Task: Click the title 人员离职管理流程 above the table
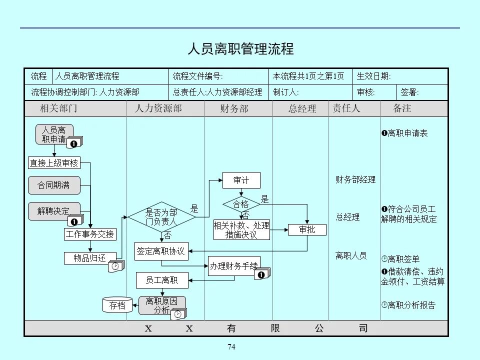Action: click(240, 49)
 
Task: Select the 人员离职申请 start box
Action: click(54, 134)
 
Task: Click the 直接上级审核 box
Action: click(53, 162)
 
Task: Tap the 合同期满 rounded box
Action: click(54, 185)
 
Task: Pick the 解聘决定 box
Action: click(54, 210)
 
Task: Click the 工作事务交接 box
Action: click(90, 234)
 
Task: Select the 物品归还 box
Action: click(90, 258)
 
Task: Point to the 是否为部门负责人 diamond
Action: click(161, 216)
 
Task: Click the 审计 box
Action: click(241, 180)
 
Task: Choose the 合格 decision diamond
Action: click(241, 204)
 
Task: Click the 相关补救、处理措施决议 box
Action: click(241, 229)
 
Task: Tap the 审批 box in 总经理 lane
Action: click(307, 230)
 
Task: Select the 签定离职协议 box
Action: click(161, 251)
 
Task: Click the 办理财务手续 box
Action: click(233, 265)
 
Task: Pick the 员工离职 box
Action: click(161, 280)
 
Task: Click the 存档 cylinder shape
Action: click(117, 305)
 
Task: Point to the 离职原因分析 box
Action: click(161, 305)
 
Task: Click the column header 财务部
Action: click(234, 108)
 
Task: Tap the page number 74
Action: click(231, 347)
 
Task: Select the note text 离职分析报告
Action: click(411, 304)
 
